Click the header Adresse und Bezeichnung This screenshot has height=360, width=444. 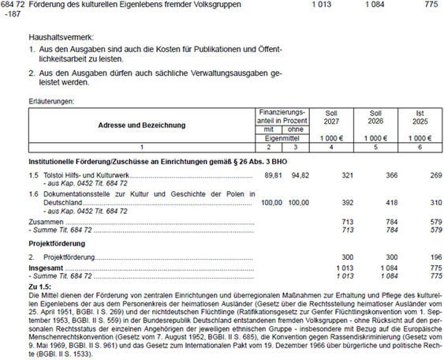tap(142, 126)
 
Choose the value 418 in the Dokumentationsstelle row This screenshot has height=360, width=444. tap(392, 202)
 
